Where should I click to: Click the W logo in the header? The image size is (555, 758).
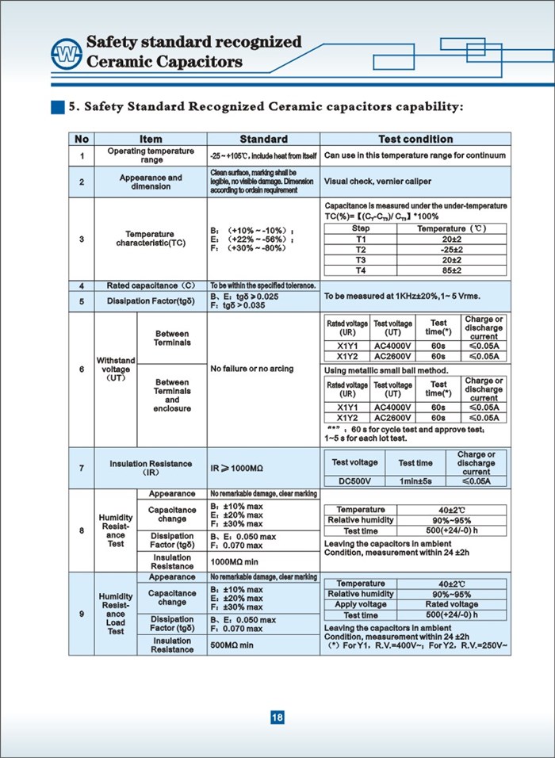click(61, 53)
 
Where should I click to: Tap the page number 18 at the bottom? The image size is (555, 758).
click(277, 718)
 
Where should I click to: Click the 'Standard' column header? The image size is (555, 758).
click(264, 139)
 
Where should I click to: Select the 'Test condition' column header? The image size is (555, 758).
click(415, 139)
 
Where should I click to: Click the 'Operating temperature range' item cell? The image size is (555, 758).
click(151, 155)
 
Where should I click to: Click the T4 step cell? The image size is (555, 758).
click(361, 270)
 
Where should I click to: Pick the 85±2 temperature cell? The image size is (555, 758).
click(452, 270)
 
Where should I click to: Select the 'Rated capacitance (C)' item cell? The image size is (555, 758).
click(151, 285)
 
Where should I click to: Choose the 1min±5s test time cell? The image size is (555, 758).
click(415, 480)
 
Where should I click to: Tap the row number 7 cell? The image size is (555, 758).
click(82, 468)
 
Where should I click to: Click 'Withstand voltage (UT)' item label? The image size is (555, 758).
click(116, 369)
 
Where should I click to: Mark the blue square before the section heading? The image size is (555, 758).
click(57, 106)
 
